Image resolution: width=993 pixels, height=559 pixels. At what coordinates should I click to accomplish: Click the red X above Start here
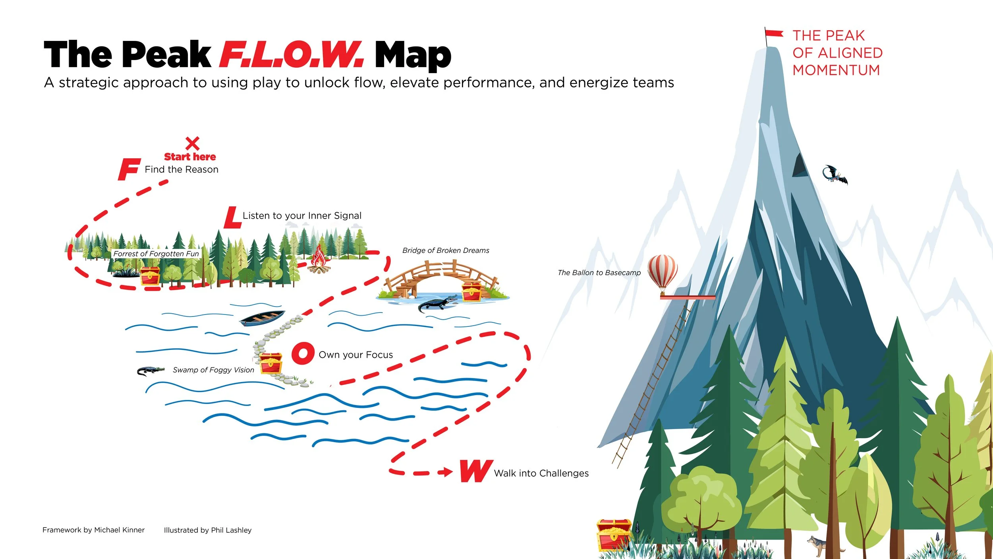192,143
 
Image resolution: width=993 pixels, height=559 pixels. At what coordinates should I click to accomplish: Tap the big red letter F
129,169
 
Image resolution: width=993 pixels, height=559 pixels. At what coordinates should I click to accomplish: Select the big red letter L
232,218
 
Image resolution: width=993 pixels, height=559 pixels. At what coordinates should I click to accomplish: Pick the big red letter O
303,353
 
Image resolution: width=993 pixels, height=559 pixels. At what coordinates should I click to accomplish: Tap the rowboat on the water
262,318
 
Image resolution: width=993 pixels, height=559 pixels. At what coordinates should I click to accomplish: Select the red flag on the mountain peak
774,33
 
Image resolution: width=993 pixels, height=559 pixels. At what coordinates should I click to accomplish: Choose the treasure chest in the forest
150,276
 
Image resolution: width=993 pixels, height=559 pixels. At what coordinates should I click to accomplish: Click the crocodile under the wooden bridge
437,304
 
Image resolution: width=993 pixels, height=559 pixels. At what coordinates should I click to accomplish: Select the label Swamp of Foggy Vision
213,370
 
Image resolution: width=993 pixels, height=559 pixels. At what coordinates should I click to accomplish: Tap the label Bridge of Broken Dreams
446,250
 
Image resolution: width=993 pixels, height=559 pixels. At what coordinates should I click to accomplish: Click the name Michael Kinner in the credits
119,530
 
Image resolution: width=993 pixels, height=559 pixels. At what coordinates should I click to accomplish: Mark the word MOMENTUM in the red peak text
836,70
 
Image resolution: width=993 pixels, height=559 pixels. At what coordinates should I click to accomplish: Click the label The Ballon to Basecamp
599,273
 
